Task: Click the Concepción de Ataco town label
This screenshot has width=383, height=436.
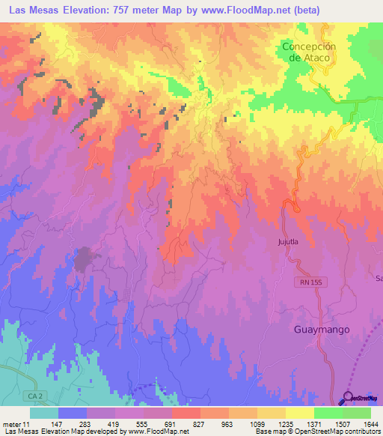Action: pos(310,52)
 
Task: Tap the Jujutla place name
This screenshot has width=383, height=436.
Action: pos(288,242)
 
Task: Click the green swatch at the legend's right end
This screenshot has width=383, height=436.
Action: pos(357,413)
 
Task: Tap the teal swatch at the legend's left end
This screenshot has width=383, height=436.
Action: pos(44,413)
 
